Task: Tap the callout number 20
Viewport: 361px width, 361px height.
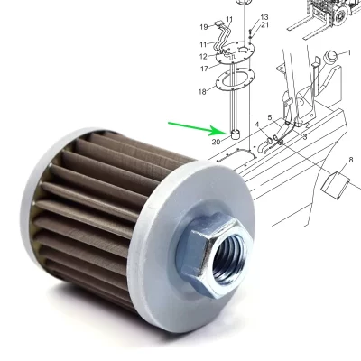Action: tap(217, 142)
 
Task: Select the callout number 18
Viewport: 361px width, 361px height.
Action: tap(203, 92)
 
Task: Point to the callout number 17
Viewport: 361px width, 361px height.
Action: tap(204, 69)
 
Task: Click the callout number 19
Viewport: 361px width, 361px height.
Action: tap(203, 26)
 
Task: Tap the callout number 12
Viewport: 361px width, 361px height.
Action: tap(203, 57)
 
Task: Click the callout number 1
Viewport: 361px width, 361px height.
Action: tap(348, 53)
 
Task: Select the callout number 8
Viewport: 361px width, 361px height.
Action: tap(338, 161)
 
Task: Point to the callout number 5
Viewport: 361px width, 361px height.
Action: tap(269, 117)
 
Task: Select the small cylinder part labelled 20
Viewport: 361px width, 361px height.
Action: tap(236, 134)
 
